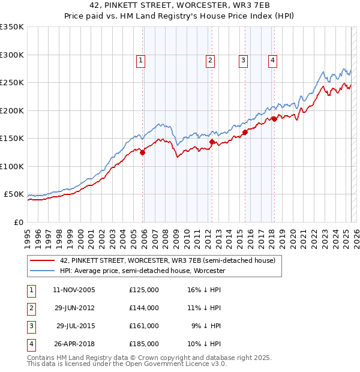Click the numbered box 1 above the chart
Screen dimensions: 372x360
pyautogui.click(x=140, y=59)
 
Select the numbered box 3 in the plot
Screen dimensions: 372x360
pyautogui.click(x=243, y=59)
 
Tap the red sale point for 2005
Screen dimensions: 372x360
pyautogui.click(x=143, y=152)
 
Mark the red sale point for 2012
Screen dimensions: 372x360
pyautogui.click(x=212, y=142)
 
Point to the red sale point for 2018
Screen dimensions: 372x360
pyautogui.click(x=274, y=119)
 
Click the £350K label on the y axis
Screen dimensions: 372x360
pyautogui.click(x=12, y=27)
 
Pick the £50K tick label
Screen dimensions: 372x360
pyautogui.click(x=14, y=194)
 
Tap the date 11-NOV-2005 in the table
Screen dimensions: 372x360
pyautogui.click(x=74, y=290)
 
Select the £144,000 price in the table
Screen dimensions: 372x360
pyautogui.click(x=144, y=308)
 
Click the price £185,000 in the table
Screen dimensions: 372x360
pyautogui.click(x=144, y=344)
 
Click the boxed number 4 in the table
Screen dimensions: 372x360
pyautogui.click(x=31, y=344)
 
